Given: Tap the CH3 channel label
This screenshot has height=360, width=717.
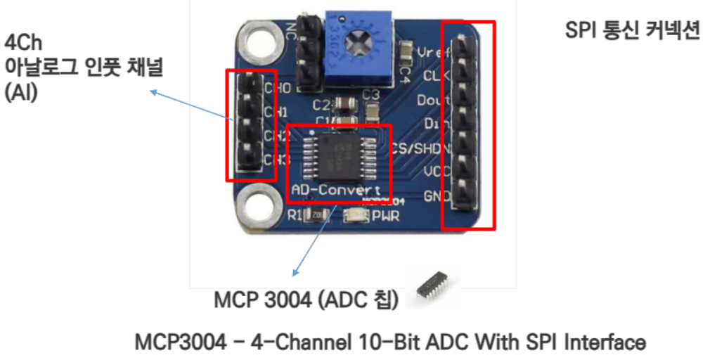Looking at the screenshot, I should coord(276,160).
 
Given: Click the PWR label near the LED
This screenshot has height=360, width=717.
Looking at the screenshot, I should coord(385,216).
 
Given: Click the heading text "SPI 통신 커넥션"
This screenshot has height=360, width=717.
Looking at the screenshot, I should coord(632,32).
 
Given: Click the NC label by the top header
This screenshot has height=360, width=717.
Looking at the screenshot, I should coord(290,31).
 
